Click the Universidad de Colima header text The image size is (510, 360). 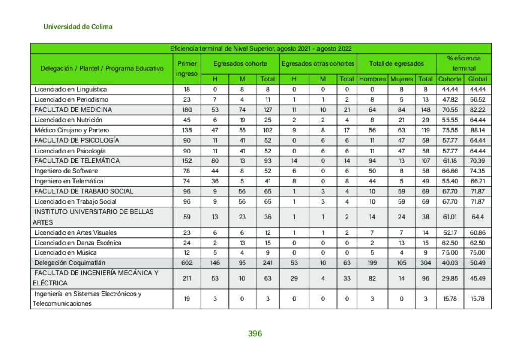click(x=78, y=27)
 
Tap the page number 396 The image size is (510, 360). click(x=255, y=334)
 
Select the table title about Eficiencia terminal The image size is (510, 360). click(x=261, y=49)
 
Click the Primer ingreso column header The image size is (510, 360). click(x=186, y=68)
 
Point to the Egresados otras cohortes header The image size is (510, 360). click(x=318, y=64)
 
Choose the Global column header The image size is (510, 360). click(x=477, y=79)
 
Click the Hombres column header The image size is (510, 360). click(x=372, y=79)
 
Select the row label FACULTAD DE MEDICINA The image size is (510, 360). click(x=73, y=110)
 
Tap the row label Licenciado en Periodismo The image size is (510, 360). click(x=71, y=100)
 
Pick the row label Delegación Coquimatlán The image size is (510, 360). click(x=70, y=263)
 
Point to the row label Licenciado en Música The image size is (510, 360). click(x=66, y=253)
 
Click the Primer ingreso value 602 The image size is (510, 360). click(x=186, y=263)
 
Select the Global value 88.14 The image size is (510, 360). click(x=477, y=130)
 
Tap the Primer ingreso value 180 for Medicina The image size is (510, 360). click(x=186, y=110)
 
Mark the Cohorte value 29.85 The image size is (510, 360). click(x=450, y=278)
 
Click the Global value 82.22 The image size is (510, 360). click(x=477, y=110)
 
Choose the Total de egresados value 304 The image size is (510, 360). click(x=425, y=263)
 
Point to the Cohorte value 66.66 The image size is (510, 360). click(x=450, y=171)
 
